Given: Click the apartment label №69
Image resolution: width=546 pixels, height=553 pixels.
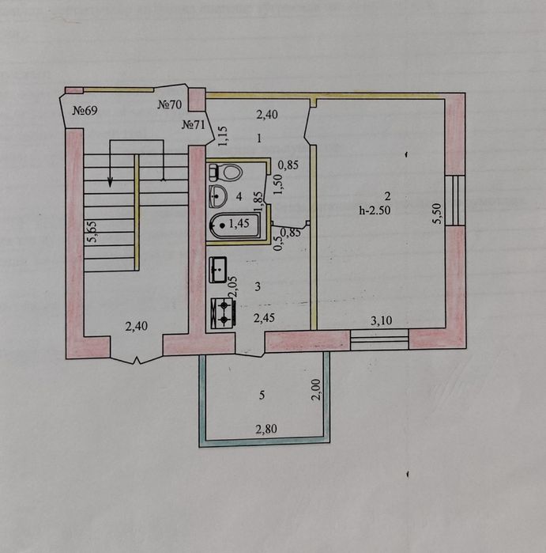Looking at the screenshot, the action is [85, 111].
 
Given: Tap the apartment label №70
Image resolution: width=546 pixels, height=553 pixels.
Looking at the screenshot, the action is [169, 104].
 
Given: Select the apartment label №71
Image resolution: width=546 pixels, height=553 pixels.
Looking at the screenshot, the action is [193, 124].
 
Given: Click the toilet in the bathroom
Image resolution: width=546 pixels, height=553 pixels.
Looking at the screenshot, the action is [226, 172].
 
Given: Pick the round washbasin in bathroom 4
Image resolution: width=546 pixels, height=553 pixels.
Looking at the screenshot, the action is [218, 196].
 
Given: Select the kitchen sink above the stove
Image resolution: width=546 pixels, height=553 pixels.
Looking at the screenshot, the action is [218, 270].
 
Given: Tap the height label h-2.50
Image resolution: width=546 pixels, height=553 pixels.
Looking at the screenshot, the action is [375, 210].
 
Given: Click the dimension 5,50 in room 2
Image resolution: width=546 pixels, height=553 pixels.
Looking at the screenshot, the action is [438, 214].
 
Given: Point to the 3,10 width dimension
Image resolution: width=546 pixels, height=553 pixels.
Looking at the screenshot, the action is [382, 320].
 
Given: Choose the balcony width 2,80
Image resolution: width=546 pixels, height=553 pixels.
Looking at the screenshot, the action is [266, 429].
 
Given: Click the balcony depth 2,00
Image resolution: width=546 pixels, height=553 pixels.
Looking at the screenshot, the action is [316, 389].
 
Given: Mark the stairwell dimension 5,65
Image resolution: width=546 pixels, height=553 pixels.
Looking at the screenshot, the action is [93, 232].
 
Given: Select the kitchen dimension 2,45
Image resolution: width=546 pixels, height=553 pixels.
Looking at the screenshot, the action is [264, 318].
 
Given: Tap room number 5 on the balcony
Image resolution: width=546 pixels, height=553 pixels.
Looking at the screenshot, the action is [262, 396].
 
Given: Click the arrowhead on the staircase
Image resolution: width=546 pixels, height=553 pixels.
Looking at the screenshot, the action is [111, 182].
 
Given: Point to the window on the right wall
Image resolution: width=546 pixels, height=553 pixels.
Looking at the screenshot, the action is [455, 200].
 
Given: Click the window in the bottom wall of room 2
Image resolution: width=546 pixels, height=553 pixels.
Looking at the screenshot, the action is [379, 339].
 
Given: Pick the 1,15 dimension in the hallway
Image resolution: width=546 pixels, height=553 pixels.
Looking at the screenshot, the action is [224, 136].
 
